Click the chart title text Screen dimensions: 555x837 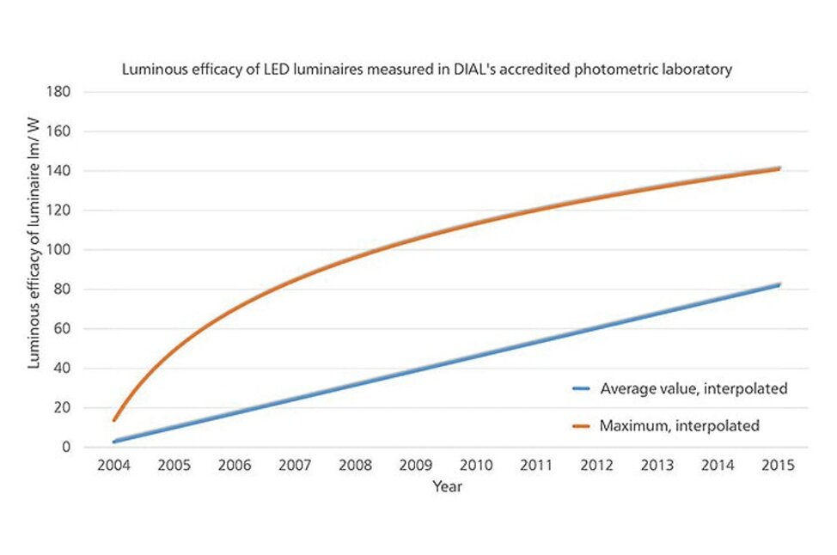click(426, 70)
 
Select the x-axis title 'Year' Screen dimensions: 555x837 click(447, 486)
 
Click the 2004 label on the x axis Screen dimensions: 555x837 click(113, 465)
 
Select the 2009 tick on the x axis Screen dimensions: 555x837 click(416, 465)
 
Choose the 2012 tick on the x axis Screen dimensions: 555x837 click(597, 465)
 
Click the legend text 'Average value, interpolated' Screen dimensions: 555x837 click(693, 388)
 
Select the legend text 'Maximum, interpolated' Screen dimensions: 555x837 click(679, 424)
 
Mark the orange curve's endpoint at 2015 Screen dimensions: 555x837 click(779, 168)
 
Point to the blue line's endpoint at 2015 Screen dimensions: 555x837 click(779, 284)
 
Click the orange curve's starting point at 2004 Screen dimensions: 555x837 click(114, 420)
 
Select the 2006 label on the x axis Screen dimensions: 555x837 click(235, 465)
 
